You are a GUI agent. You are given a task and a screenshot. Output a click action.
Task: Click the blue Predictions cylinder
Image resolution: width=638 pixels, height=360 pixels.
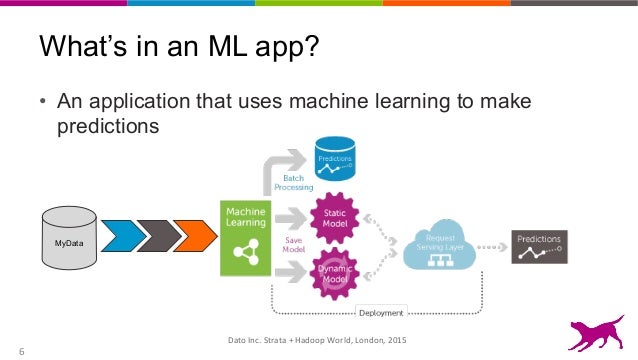335,158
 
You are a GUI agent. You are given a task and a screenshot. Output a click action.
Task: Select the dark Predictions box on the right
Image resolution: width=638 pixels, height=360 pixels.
541,245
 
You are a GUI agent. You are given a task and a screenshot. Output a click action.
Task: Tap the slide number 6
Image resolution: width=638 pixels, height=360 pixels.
20,350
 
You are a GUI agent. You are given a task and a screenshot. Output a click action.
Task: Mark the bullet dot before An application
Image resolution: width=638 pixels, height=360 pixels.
43,104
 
